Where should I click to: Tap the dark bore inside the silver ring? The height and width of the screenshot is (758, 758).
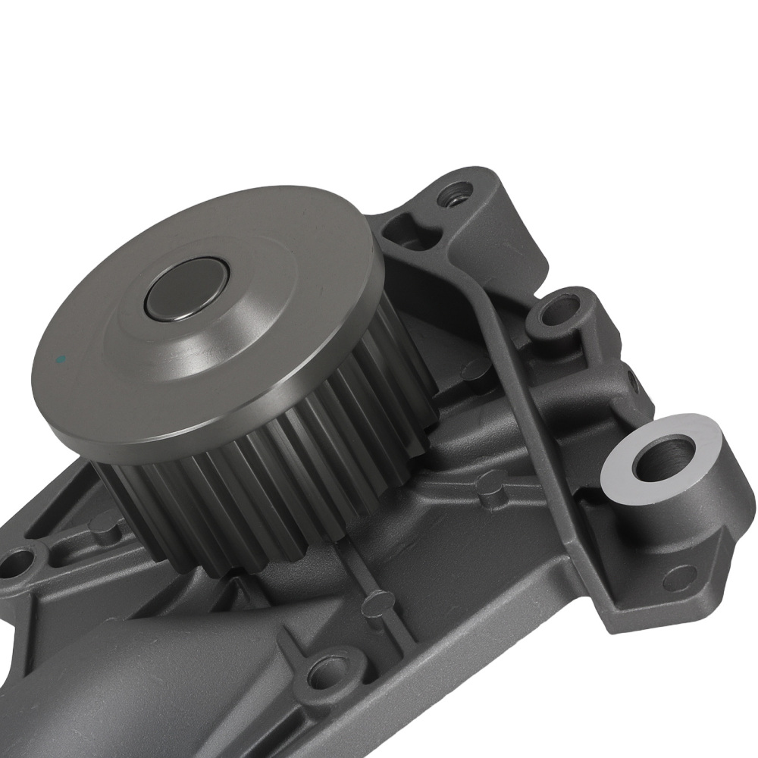[x=661, y=454]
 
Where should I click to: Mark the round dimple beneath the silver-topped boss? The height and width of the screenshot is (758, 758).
[x=682, y=576]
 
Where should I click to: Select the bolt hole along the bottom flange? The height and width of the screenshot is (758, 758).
[x=326, y=671]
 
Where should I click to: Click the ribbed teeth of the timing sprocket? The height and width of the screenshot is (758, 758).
[x=303, y=485]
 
